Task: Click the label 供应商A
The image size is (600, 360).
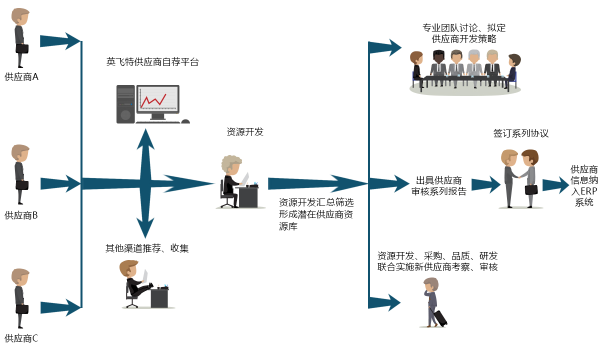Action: pyautogui.click(x=21, y=77)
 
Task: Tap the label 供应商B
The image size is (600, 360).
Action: pyautogui.click(x=21, y=215)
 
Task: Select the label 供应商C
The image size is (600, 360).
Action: pyautogui.click(x=21, y=338)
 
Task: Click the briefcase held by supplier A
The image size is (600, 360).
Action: pyautogui.click(x=22, y=48)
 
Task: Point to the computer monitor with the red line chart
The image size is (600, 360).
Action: pyautogui.click(x=158, y=99)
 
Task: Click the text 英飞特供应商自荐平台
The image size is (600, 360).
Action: pyautogui.click(x=152, y=62)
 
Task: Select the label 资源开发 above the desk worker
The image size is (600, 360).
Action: pyautogui.click(x=245, y=132)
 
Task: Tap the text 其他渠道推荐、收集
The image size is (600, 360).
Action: pyautogui.click(x=147, y=248)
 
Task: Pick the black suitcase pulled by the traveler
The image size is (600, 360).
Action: pyautogui.click(x=440, y=318)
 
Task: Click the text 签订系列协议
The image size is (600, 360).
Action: pyautogui.click(x=521, y=133)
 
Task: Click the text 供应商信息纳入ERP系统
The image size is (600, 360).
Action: pyautogui.click(x=584, y=185)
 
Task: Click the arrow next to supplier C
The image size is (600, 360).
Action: pyautogui.click(x=60, y=308)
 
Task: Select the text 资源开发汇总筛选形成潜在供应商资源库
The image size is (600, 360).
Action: pyautogui.click(x=316, y=214)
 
